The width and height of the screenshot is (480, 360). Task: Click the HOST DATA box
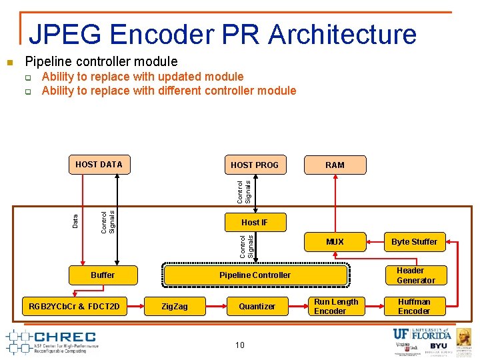(99, 164)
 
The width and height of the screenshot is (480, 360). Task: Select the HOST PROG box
(254, 165)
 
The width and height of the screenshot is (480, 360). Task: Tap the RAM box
(335, 165)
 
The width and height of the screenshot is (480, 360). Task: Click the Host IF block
(254, 222)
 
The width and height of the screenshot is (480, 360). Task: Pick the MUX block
(335, 242)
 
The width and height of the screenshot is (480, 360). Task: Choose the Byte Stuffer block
(414, 242)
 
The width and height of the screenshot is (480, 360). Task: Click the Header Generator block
(415, 275)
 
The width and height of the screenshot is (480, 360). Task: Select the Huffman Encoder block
(414, 306)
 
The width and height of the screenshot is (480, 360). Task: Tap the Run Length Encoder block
(335, 306)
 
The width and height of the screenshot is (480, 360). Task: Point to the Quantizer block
(257, 306)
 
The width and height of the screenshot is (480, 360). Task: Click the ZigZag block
(176, 306)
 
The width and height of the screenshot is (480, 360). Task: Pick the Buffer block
(103, 275)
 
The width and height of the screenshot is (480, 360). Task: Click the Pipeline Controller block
(255, 275)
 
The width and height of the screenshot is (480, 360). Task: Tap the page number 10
(239, 345)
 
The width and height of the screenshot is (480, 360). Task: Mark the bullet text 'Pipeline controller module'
(101, 62)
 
